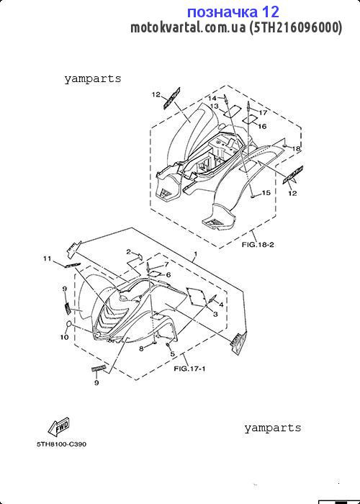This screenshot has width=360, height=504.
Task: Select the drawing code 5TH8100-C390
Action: [x=61, y=445]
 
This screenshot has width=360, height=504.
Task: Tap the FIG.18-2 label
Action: [x=258, y=246]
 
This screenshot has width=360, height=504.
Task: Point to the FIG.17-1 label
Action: [x=189, y=369]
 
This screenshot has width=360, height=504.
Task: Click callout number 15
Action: [x=266, y=193]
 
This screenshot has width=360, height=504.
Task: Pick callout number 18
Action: [x=296, y=148]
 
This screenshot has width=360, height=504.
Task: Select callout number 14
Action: [x=212, y=98]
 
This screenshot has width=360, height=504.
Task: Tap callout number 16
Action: [x=262, y=126]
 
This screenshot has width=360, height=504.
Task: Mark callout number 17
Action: [x=263, y=113]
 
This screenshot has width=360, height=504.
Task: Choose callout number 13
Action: [x=215, y=106]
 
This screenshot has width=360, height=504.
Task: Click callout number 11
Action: [x=48, y=258]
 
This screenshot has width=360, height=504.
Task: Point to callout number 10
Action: [x=64, y=337]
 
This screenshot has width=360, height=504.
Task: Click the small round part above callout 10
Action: [x=68, y=323]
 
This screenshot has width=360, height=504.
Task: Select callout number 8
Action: [x=141, y=348]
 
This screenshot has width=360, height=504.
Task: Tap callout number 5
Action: [x=172, y=354]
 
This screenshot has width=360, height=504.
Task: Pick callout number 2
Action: [x=128, y=252]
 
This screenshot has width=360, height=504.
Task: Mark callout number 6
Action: [x=168, y=275]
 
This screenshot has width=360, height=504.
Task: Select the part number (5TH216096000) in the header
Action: [x=296, y=28]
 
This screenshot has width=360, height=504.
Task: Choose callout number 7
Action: [x=166, y=264]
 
